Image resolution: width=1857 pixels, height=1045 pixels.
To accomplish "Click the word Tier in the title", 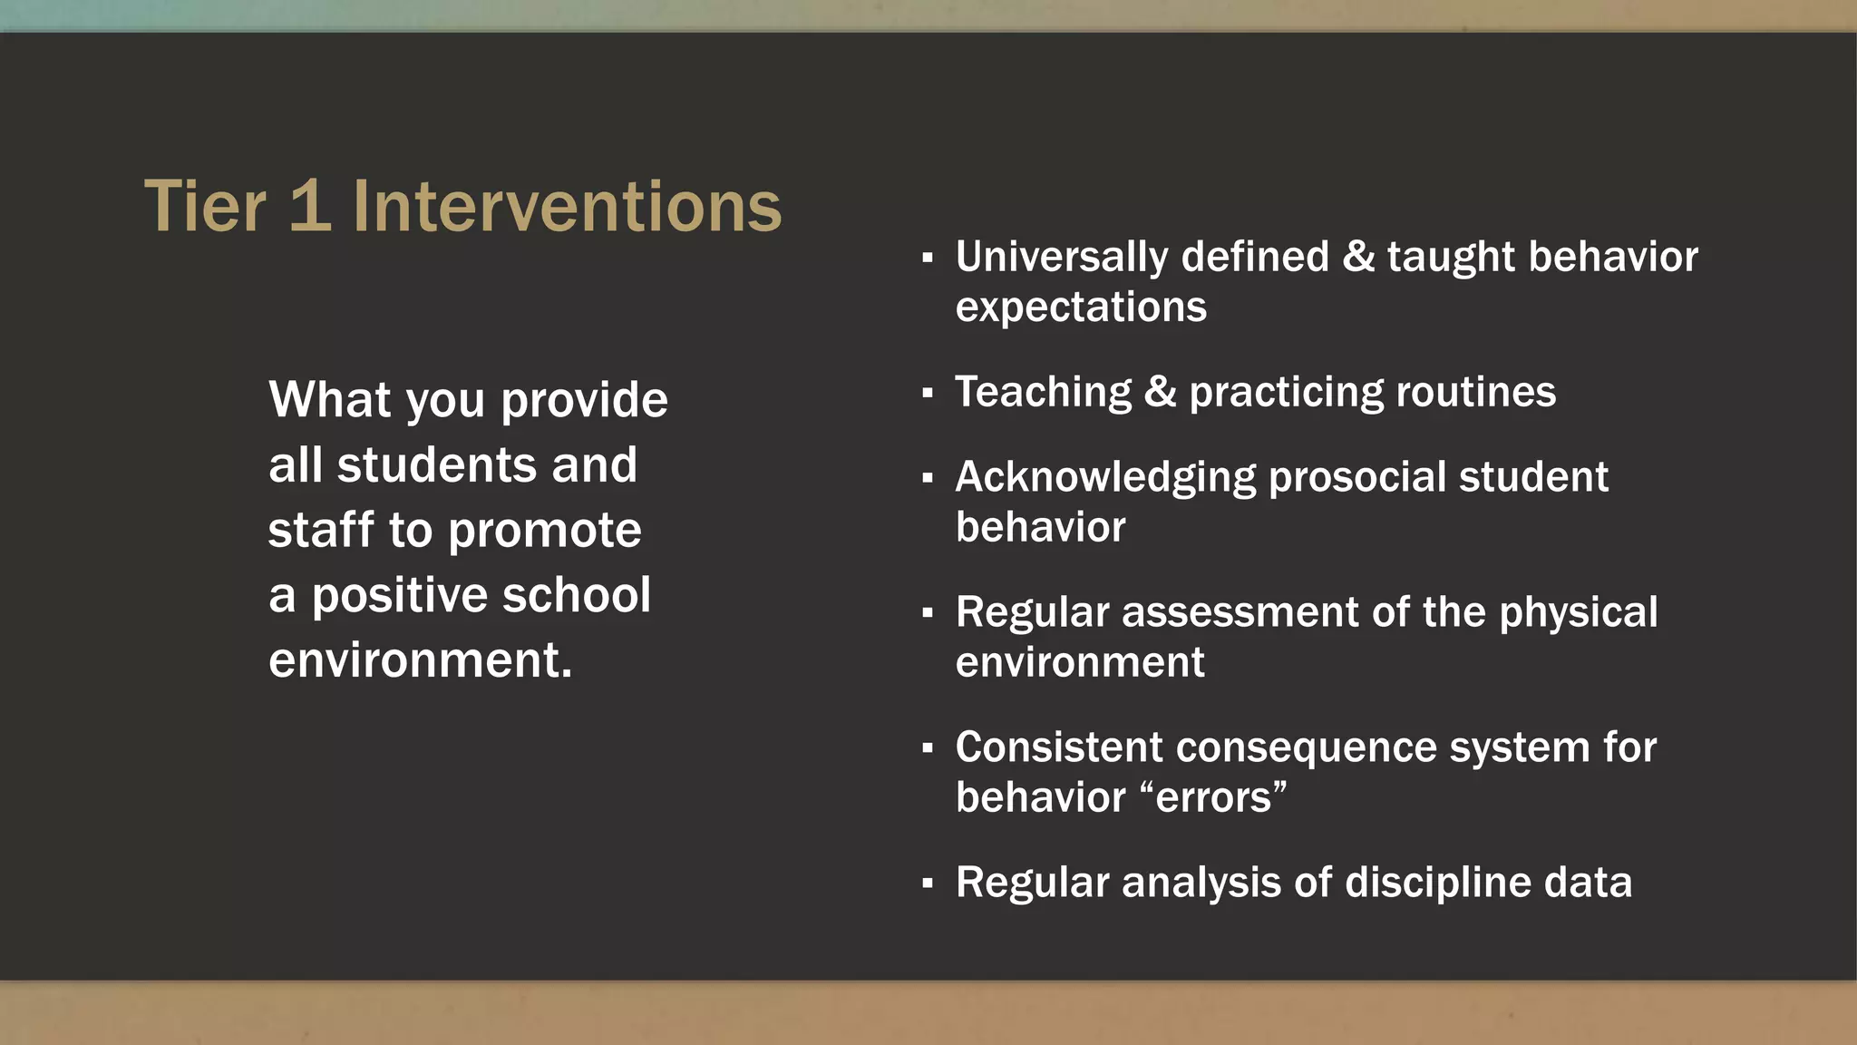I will click(205, 207).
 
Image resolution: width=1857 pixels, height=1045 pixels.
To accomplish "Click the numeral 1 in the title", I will click(310, 207).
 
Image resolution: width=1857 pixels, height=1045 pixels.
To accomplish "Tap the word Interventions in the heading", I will click(567, 207).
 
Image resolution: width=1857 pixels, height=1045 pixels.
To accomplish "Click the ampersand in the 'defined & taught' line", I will click(1357, 256).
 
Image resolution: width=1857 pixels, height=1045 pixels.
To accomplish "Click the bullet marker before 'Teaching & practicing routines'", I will click(927, 394).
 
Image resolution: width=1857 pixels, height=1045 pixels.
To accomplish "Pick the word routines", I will click(1475, 392).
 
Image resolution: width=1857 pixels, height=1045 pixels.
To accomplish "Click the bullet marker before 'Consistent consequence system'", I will click(927, 749).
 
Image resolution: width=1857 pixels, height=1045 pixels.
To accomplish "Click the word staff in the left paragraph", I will click(321, 530).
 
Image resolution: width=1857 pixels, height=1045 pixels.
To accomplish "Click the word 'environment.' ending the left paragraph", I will click(421, 660).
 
